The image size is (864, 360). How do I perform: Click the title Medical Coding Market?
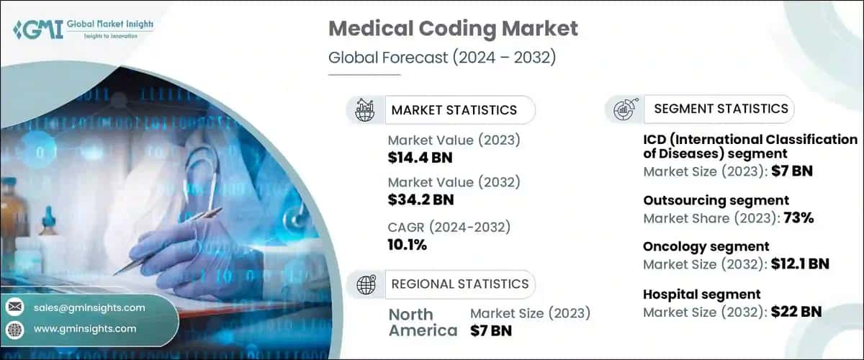[x=453, y=30]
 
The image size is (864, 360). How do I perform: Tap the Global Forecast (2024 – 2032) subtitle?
[x=442, y=58]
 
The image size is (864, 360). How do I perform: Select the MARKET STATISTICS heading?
[x=454, y=109]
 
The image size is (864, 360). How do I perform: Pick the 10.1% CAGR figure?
[x=407, y=245]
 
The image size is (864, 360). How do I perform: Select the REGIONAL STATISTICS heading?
[x=459, y=284]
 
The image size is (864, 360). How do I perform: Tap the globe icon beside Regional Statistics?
[x=366, y=284]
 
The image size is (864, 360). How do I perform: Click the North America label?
[x=423, y=323]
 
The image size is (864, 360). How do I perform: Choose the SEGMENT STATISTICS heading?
[x=721, y=109]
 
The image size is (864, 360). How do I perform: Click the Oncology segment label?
[x=706, y=247]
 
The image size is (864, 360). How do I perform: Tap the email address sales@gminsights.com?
[x=89, y=307]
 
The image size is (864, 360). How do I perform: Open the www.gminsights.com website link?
[x=84, y=328]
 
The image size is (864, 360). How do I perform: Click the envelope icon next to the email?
[x=14, y=307]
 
